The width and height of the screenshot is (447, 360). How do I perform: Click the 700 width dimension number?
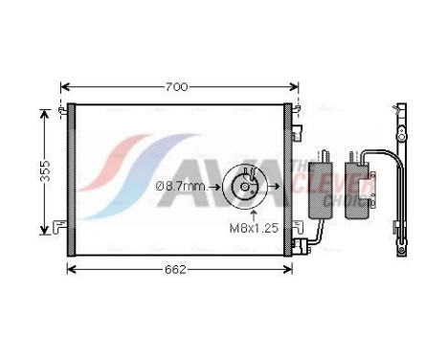pyautogui.click(x=175, y=87)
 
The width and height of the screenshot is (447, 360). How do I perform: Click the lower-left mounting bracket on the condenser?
pyautogui.click(x=63, y=227)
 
